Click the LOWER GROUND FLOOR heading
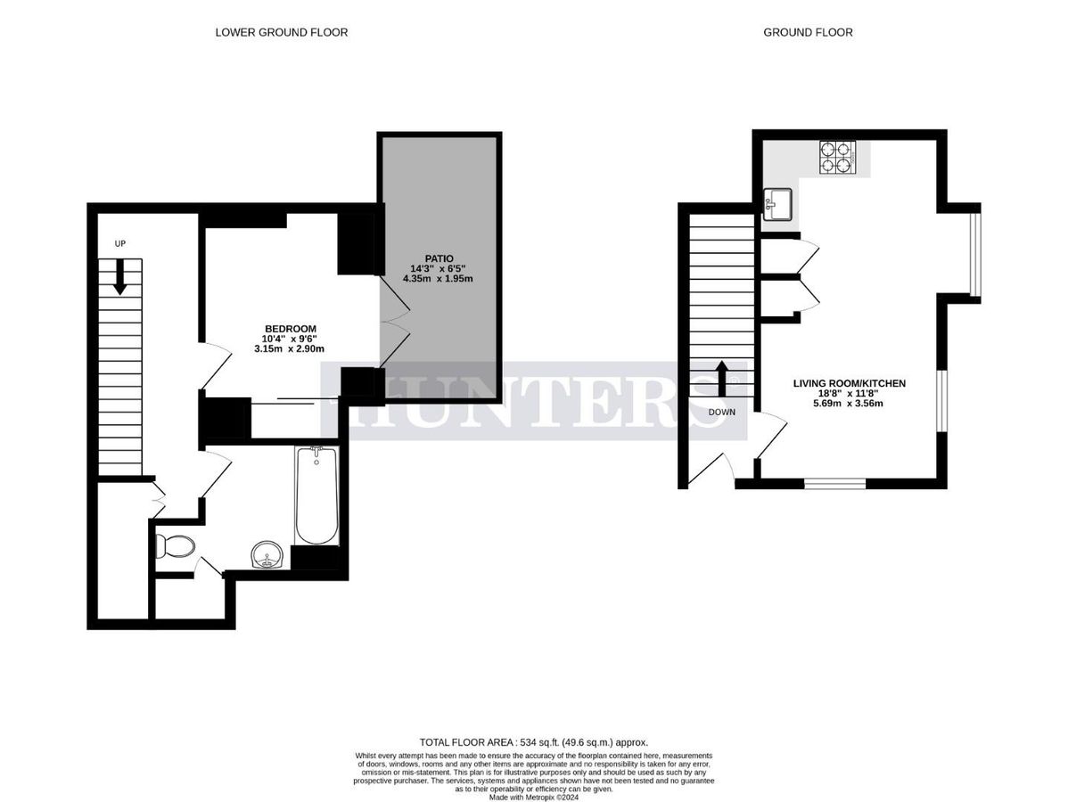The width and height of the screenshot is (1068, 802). point(281,32)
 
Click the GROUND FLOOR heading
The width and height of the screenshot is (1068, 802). point(808,32)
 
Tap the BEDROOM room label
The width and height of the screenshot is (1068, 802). point(290,328)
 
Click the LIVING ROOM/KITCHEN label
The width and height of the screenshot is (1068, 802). point(850,383)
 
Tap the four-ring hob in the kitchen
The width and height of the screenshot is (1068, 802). point(836,157)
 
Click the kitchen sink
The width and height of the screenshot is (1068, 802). point(778,205)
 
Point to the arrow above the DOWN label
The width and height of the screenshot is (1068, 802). point(722,379)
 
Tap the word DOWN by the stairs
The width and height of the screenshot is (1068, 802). point(722,413)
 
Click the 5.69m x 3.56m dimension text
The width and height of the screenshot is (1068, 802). point(850,403)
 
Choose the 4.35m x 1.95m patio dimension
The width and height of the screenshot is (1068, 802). point(437,279)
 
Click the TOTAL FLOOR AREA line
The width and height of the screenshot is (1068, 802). point(533,741)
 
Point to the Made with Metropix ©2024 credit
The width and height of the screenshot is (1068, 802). point(533,798)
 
